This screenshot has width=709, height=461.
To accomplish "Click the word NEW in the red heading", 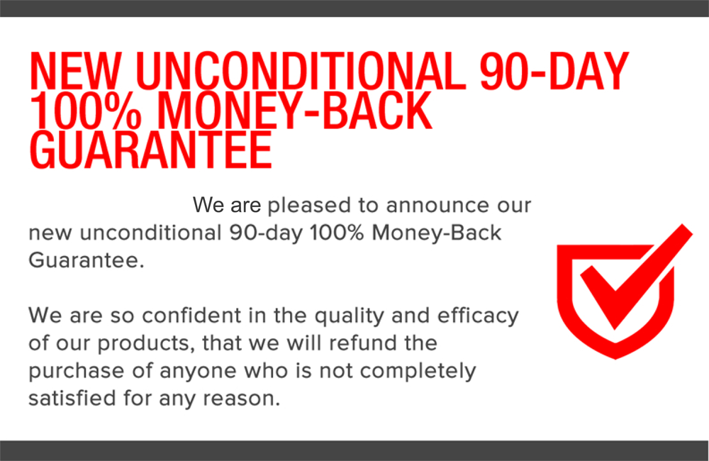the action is click(x=76, y=71).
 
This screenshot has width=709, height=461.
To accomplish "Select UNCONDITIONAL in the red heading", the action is click(x=301, y=71).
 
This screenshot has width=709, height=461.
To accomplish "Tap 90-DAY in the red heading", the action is click(x=554, y=71).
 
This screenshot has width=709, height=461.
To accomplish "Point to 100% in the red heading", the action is click(x=86, y=111).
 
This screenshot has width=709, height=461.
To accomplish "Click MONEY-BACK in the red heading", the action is click(x=294, y=111).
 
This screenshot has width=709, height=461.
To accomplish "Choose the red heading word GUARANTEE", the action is click(x=151, y=150).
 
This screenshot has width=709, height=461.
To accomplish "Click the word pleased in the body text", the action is click(x=309, y=206).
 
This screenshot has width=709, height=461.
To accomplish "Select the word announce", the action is click(x=437, y=206).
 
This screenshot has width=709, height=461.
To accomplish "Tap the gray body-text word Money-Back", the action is click(x=436, y=234).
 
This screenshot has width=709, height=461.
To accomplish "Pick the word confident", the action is click(x=191, y=316).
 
